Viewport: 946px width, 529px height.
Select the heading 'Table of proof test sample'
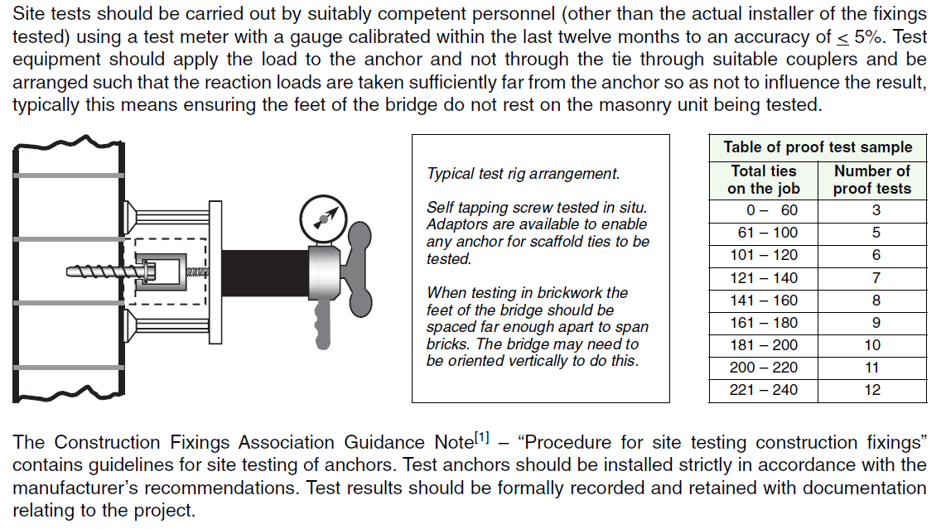[818, 147]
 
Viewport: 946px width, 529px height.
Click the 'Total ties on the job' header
[762, 180]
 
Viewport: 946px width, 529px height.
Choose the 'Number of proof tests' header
[871, 180]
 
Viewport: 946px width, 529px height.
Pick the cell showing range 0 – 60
[763, 210]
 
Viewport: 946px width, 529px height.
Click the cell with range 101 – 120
[763, 255]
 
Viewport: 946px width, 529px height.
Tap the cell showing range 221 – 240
[763, 390]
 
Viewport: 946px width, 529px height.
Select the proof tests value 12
[871, 390]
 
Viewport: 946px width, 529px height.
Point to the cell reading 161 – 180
[763, 323]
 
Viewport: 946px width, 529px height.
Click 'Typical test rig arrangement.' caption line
[523, 174]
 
